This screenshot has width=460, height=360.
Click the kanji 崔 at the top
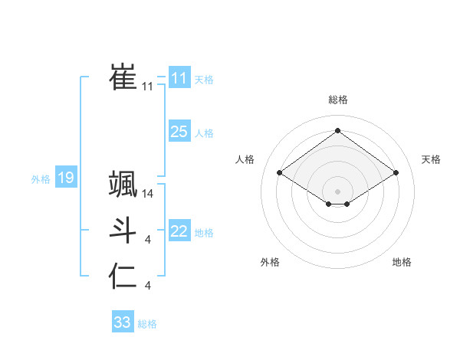pos(123,77)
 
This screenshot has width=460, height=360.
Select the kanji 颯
pos(123,184)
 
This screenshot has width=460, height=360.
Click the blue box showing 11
pos(179,78)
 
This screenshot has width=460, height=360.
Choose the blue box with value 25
pos(179,132)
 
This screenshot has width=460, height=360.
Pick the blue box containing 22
pos(179,231)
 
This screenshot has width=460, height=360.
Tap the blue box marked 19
pos(65,178)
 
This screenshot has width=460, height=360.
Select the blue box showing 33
pos(122,322)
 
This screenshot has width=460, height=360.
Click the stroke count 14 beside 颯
pos(148,195)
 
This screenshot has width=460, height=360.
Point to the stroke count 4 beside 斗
pos(148,241)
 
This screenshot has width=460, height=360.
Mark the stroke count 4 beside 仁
pos(148,286)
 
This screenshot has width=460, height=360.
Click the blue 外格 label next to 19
pos(41,179)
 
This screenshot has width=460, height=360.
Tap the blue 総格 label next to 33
pos(147,324)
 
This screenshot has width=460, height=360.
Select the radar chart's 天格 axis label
pos(431,159)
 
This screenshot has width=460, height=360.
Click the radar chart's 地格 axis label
pos(402,262)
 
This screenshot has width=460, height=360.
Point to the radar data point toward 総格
pos(337,131)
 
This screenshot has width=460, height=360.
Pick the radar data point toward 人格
pos(280,173)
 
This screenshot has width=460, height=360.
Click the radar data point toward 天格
pos(396,173)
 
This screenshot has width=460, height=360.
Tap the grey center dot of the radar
pos(337,191)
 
